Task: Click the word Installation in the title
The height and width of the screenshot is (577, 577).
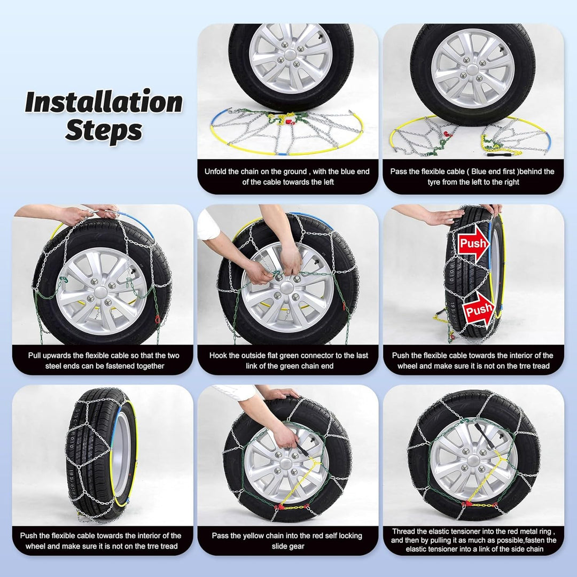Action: (104, 102)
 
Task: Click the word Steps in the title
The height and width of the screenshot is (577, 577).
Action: (104, 130)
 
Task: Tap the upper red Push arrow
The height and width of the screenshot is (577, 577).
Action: (474, 243)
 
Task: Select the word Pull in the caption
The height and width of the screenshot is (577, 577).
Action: (35, 355)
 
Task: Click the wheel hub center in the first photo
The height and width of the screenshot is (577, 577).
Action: (290, 55)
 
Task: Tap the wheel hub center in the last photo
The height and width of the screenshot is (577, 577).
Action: (473, 460)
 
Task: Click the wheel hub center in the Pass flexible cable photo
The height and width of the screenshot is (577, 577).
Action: (472, 69)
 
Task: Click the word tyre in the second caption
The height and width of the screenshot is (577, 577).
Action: (434, 182)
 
